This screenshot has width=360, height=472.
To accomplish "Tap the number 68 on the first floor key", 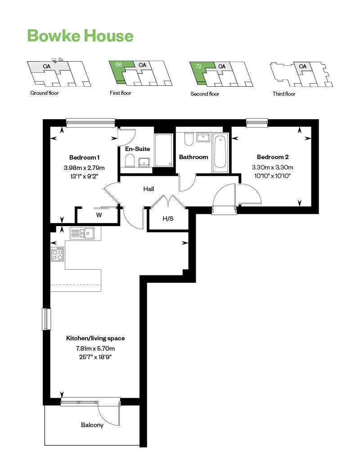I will click(x=119, y=65).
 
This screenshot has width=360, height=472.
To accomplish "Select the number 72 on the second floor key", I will click(x=198, y=66).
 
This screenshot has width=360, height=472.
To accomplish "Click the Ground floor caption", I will click(x=45, y=94).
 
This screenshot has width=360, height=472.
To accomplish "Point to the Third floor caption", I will click(x=284, y=94).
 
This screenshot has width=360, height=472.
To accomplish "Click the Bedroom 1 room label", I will click(x=84, y=157).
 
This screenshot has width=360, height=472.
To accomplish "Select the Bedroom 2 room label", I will click(x=273, y=157).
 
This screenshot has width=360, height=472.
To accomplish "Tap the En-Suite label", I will click(x=137, y=149).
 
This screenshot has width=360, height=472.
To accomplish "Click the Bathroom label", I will click(x=193, y=157).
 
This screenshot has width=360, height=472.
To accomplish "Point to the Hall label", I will click(x=149, y=189).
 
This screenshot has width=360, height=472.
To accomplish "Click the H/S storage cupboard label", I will click(x=168, y=218).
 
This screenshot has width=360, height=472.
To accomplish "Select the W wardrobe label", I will click(x=99, y=215).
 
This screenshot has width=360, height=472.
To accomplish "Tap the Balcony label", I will click(x=92, y=425).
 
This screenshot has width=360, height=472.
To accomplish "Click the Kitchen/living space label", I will click(x=95, y=338).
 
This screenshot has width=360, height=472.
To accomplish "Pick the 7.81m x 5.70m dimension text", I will click(x=95, y=348).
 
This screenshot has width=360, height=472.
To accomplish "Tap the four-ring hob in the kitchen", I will click(x=58, y=255).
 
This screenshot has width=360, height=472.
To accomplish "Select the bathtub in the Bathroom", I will click(x=220, y=151).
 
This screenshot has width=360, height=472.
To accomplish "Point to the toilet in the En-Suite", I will click(x=130, y=160).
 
